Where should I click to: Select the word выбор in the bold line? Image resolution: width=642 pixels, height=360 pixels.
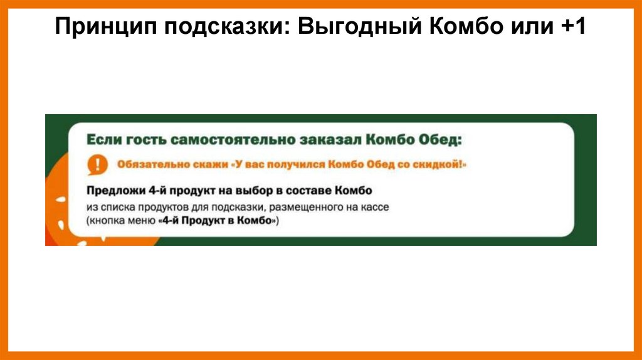pyautogui.click(x=249, y=190)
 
